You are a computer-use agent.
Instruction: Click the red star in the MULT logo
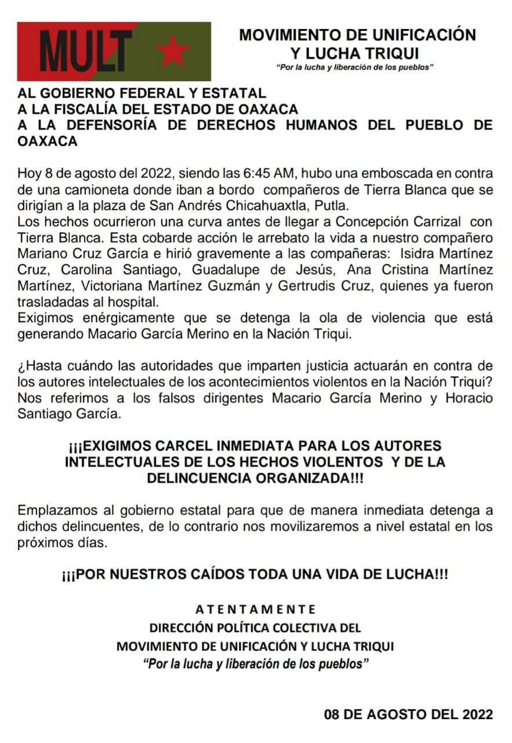point(173,52)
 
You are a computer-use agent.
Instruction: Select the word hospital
point(135,302)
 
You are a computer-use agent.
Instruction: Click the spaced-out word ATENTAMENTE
point(255,609)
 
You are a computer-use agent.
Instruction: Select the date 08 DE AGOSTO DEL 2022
point(408,714)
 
